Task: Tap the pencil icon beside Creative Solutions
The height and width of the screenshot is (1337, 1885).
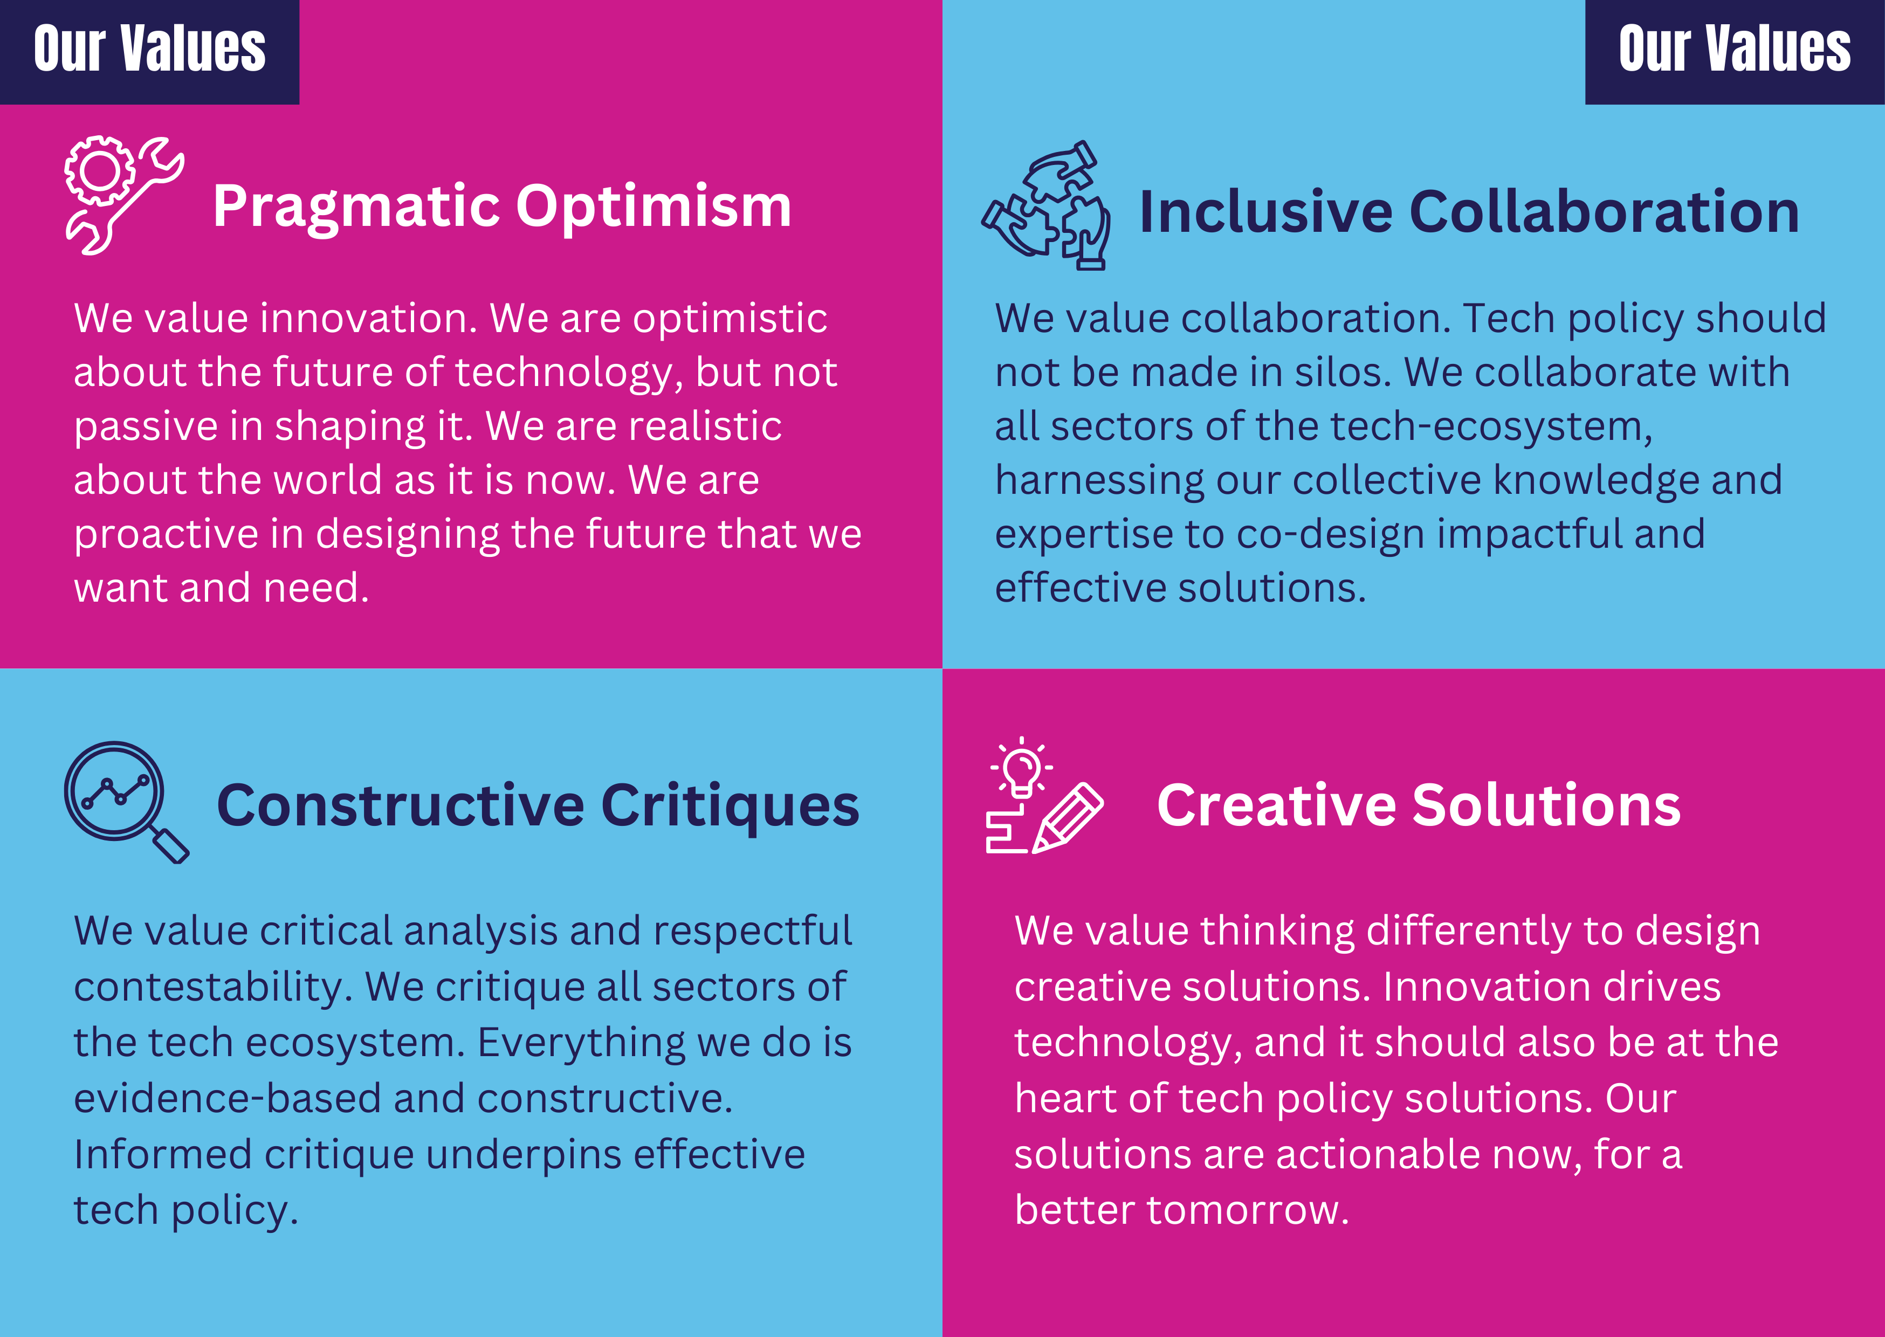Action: pos(1068,817)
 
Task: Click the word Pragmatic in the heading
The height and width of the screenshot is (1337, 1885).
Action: pos(356,208)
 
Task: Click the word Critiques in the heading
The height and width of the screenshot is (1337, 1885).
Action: pos(730,807)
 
